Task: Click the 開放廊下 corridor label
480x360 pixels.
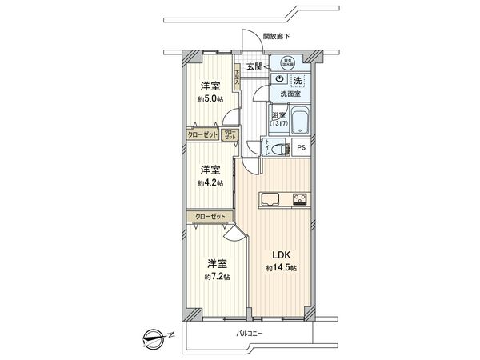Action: point(279,36)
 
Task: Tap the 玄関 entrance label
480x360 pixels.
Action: point(255,66)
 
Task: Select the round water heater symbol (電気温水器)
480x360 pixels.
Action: point(286,62)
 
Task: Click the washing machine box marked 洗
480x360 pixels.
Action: point(297,80)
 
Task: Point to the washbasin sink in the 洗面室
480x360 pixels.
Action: point(278,79)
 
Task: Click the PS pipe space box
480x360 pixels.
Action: point(301,148)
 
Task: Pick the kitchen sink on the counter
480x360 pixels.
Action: point(268,199)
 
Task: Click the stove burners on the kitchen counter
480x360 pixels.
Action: point(299,199)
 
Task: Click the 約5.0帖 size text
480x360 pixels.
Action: point(210,99)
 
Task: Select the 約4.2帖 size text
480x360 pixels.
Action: point(210,182)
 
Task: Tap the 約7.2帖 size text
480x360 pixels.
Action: point(216,276)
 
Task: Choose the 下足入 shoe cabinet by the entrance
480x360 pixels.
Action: point(237,78)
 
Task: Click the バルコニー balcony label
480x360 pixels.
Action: point(250,332)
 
